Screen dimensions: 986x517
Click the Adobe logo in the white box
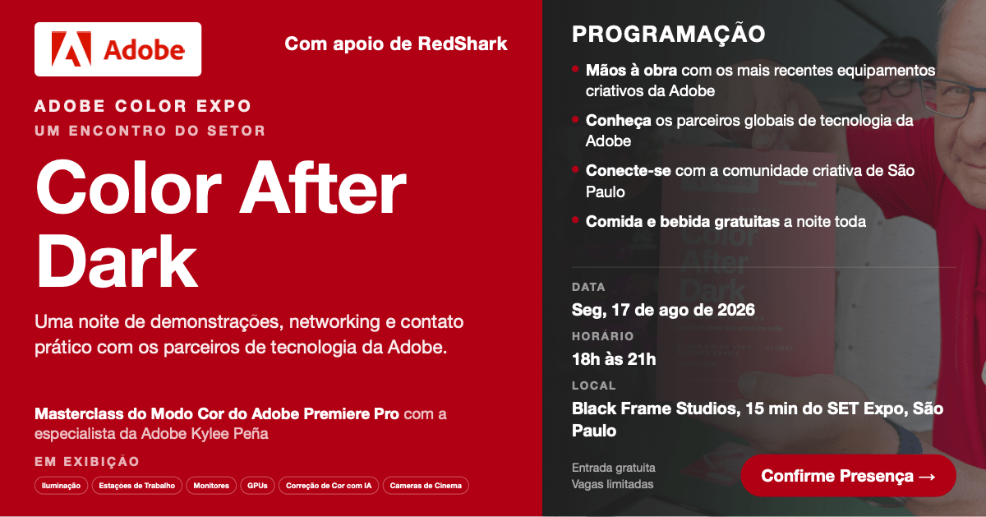tap(118, 49)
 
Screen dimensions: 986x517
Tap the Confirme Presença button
tap(848, 476)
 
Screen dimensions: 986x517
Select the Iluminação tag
tap(61, 486)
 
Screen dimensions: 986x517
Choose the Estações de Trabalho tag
tap(137, 486)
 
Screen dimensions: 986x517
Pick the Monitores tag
tap(211, 486)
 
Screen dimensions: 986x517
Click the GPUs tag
tap(257, 486)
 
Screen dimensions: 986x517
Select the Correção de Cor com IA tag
tap(329, 486)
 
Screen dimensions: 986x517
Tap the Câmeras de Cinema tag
tap(426, 486)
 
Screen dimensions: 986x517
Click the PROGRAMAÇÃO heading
tap(669, 34)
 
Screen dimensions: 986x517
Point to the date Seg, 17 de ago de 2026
tap(663, 310)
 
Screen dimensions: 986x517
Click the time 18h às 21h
tap(614, 359)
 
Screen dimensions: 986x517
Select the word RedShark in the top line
tap(463, 44)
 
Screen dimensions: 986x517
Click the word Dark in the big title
tap(117, 261)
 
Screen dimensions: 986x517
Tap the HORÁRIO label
tap(602, 336)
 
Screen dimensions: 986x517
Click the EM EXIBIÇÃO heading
tap(87, 461)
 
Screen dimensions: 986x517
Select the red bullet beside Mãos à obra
tap(575, 69)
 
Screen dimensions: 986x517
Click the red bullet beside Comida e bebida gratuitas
tap(575, 220)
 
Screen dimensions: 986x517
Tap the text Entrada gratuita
tap(614, 468)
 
